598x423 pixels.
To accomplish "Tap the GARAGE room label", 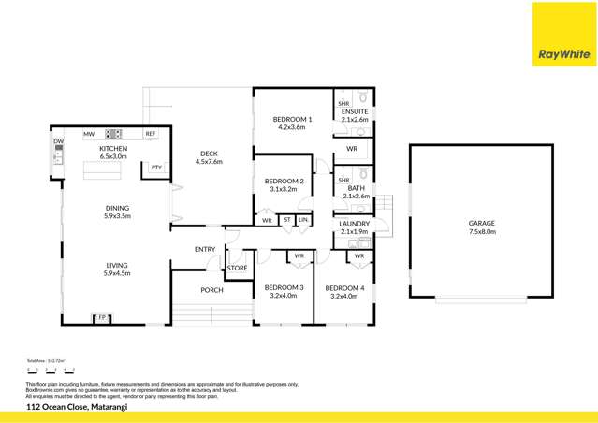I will click(482, 224).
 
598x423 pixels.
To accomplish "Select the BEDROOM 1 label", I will click(292, 120).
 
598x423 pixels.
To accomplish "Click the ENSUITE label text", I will click(356, 109).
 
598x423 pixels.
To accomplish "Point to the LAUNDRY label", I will click(355, 224).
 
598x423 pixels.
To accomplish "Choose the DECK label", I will click(209, 154).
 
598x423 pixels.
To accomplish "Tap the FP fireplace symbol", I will click(102, 318).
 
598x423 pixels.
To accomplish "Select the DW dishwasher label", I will click(58, 141).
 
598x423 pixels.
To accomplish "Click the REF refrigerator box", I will click(150, 134).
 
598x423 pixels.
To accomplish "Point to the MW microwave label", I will click(89, 134).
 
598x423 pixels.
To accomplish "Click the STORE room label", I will click(237, 269).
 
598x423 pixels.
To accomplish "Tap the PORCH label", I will click(211, 290).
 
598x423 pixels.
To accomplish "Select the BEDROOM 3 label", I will click(284, 287).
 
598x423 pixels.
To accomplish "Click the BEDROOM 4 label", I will click(344, 287).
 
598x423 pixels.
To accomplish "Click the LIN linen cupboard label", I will click(303, 221).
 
